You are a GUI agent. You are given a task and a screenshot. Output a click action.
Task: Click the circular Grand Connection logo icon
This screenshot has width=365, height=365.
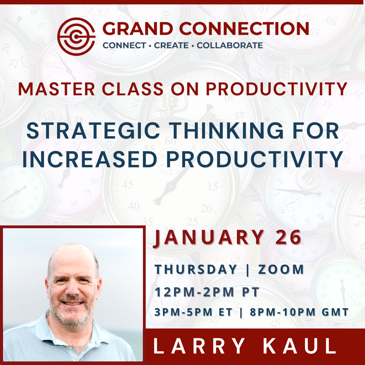click(76, 36)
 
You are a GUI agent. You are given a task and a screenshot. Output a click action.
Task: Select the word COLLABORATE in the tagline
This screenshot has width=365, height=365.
click(230, 45)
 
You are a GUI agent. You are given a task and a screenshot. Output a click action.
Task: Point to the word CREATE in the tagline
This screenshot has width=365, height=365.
click(171, 45)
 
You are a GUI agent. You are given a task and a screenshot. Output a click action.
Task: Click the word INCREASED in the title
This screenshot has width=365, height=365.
click(89, 160)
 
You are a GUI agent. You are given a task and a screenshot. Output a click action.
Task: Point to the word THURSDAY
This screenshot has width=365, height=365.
click(196, 270)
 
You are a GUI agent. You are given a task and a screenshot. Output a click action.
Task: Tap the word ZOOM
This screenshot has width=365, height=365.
click(281, 270)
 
